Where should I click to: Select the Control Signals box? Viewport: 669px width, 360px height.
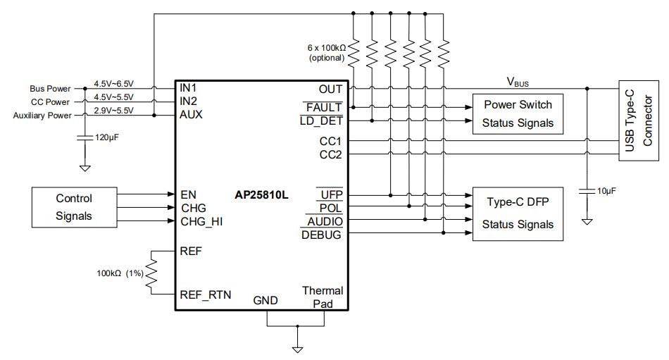[x=74, y=207]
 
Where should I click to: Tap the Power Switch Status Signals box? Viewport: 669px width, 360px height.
[x=518, y=113]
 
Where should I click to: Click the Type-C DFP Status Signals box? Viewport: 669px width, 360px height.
[x=518, y=213]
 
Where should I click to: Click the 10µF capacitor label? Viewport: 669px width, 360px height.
[x=606, y=191]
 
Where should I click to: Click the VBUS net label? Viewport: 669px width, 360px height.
[x=518, y=82]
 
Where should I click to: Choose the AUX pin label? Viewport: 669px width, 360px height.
[x=192, y=114]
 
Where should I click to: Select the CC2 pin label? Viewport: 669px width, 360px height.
[x=330, y=154]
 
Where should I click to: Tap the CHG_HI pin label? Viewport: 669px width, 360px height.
[x=201, y=221]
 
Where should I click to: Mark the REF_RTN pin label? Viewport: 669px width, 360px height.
[x=206, y=294]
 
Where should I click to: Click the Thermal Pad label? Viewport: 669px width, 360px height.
[x=323, y=297]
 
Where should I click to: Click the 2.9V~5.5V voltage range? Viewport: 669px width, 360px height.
[x=114, y=110]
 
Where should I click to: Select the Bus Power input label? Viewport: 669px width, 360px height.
[x=50, y=89]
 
